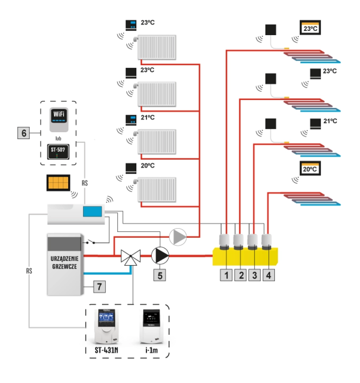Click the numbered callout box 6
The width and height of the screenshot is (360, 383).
24,133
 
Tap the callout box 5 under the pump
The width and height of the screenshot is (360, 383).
160,274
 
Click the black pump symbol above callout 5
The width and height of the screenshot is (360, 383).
160,255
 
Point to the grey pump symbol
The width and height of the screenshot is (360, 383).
178,237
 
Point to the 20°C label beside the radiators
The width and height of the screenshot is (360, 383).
146,167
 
